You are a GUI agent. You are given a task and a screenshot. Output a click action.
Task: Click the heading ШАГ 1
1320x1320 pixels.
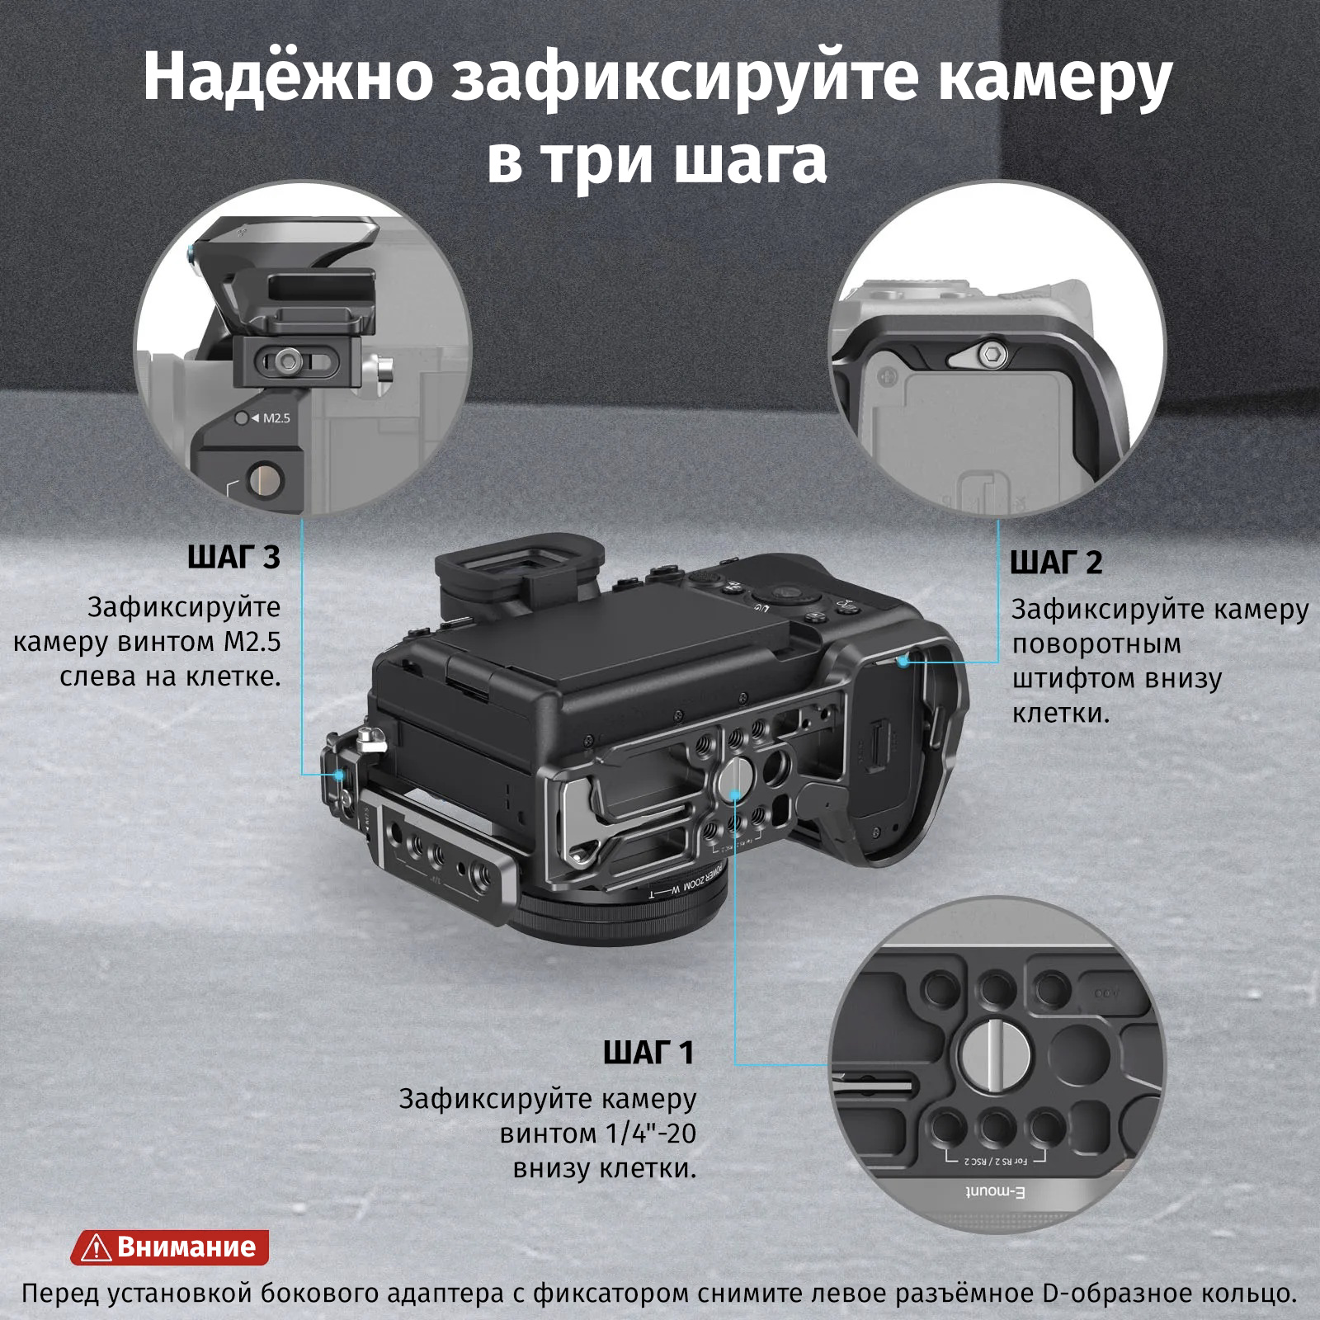coord(648,1053)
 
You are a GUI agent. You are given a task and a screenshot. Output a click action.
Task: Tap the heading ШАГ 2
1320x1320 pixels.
coord(1056,563)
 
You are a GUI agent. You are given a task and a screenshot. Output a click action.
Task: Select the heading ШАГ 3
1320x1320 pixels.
coord(234,558)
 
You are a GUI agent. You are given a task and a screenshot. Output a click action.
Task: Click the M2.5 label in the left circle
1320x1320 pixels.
coord(276,418)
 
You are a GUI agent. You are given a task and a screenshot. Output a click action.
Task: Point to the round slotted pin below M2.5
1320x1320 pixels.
coord(265,478)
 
